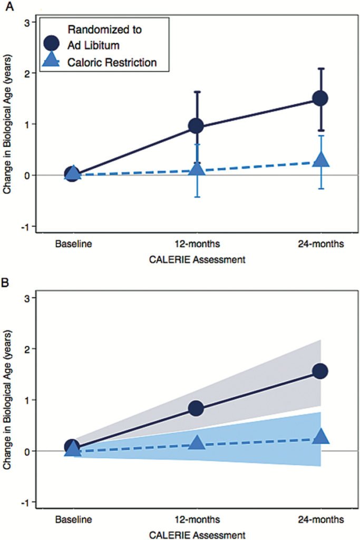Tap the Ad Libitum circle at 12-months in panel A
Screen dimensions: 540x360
pyautogui.click(x=196, y=126)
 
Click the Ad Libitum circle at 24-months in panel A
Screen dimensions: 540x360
pyautogui.click(x=320, y=99)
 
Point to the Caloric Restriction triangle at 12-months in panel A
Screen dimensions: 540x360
pyautogui.click(x=197, y=169)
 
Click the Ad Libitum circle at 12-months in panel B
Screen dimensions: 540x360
pyautogui.click(x=196, y=408)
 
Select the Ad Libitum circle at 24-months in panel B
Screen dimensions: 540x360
pyautogui.click(x=320, y=371)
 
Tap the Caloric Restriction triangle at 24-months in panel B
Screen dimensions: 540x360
pyautogui.click(x=321, y=436)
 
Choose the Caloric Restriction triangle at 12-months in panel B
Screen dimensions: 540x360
pyautogui.click(x=197, y=443)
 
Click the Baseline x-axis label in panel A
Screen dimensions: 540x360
pyautogui.click(x=73, y=245)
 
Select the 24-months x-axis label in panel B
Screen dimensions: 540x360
pyautogui.click(x=320, y=520)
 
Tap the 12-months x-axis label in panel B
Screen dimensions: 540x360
pyautogui.click(x=196, y=520)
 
